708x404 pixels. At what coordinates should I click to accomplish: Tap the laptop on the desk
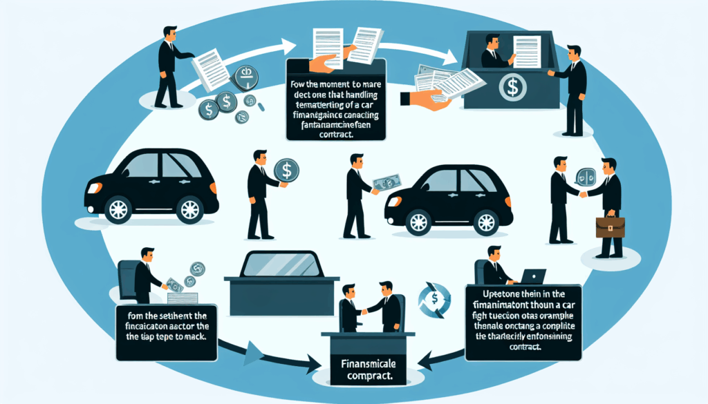coord(532,276)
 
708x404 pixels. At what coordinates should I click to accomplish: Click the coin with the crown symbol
coord(245,79)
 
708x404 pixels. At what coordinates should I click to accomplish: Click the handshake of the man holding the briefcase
coord(582,194)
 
